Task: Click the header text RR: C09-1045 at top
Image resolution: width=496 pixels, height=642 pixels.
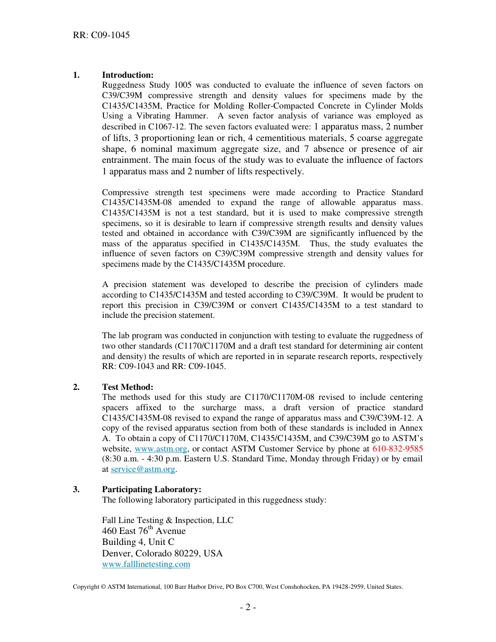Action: (101, 35)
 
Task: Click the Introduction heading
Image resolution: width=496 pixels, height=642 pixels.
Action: (127, 75)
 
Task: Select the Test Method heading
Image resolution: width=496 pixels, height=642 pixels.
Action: (127, 387)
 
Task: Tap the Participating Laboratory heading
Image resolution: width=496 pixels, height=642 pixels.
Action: (151, 490)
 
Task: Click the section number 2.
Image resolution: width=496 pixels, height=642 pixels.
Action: (76, 387)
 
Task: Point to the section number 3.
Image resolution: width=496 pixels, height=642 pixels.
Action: (76, 490)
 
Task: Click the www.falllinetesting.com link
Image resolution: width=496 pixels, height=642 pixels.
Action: (146, 564)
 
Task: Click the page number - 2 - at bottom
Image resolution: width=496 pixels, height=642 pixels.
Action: (248, 608)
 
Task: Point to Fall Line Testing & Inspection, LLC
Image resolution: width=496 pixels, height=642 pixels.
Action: (168, 520)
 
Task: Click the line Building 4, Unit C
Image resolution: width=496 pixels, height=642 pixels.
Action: (138, 542)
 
